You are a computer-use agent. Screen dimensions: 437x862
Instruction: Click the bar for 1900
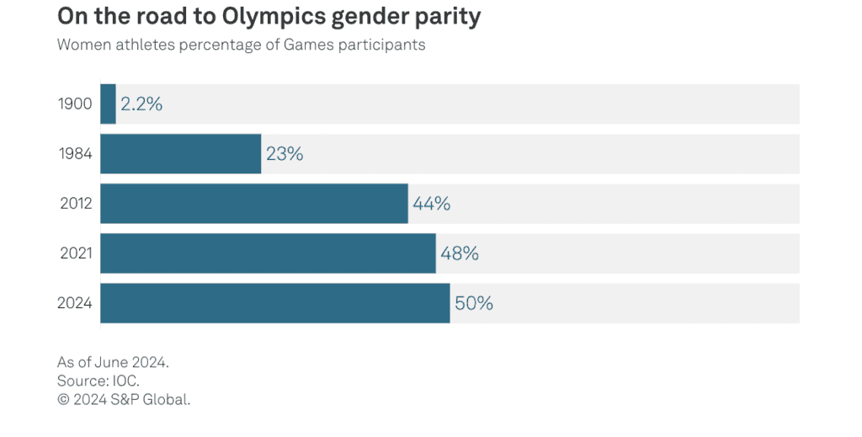pyautogui.click(x=108, y=104)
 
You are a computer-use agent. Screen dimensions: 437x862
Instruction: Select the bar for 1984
pyautogui.click(x=180, y=154)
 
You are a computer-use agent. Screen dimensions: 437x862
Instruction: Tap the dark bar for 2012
pyautogui.click(x=253, y=204)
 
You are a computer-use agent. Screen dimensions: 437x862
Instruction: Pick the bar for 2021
pyautogui.click(x=268, y=253)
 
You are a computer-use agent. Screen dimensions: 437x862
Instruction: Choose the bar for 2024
pyautogui.click(x=274, y=303)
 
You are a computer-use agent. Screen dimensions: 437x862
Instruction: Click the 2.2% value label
pyautogui.click(x=141, y=104)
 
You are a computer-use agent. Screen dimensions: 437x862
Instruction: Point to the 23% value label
pyautogui.click(x=285, y=154)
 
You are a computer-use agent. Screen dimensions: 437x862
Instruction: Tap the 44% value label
pyautogui.click(x=432, y=204)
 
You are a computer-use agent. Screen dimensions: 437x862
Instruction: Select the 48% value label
pyautogui.click(x=460, y=253)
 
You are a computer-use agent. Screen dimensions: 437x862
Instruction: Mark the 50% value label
pyautogui.click(x=474, y=303)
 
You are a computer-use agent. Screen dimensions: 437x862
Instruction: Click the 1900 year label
pyautogui.click(x=74, y=104)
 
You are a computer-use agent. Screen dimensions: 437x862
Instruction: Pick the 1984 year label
pyautogui.click(x=74, y=154)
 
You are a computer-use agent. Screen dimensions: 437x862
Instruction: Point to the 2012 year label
pyautogui.click(x=74, y=204)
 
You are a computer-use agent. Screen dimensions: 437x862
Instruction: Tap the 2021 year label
pyautogui.click(x=74, y=253)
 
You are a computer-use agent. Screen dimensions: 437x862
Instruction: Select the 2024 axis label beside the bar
pyautogui.click(x=74, y=303)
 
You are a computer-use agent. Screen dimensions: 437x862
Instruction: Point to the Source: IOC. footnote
pyautogui.click(x=98, y=381)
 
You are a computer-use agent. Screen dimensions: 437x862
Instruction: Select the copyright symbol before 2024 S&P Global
pyautogui.click(x=62, y=399)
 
